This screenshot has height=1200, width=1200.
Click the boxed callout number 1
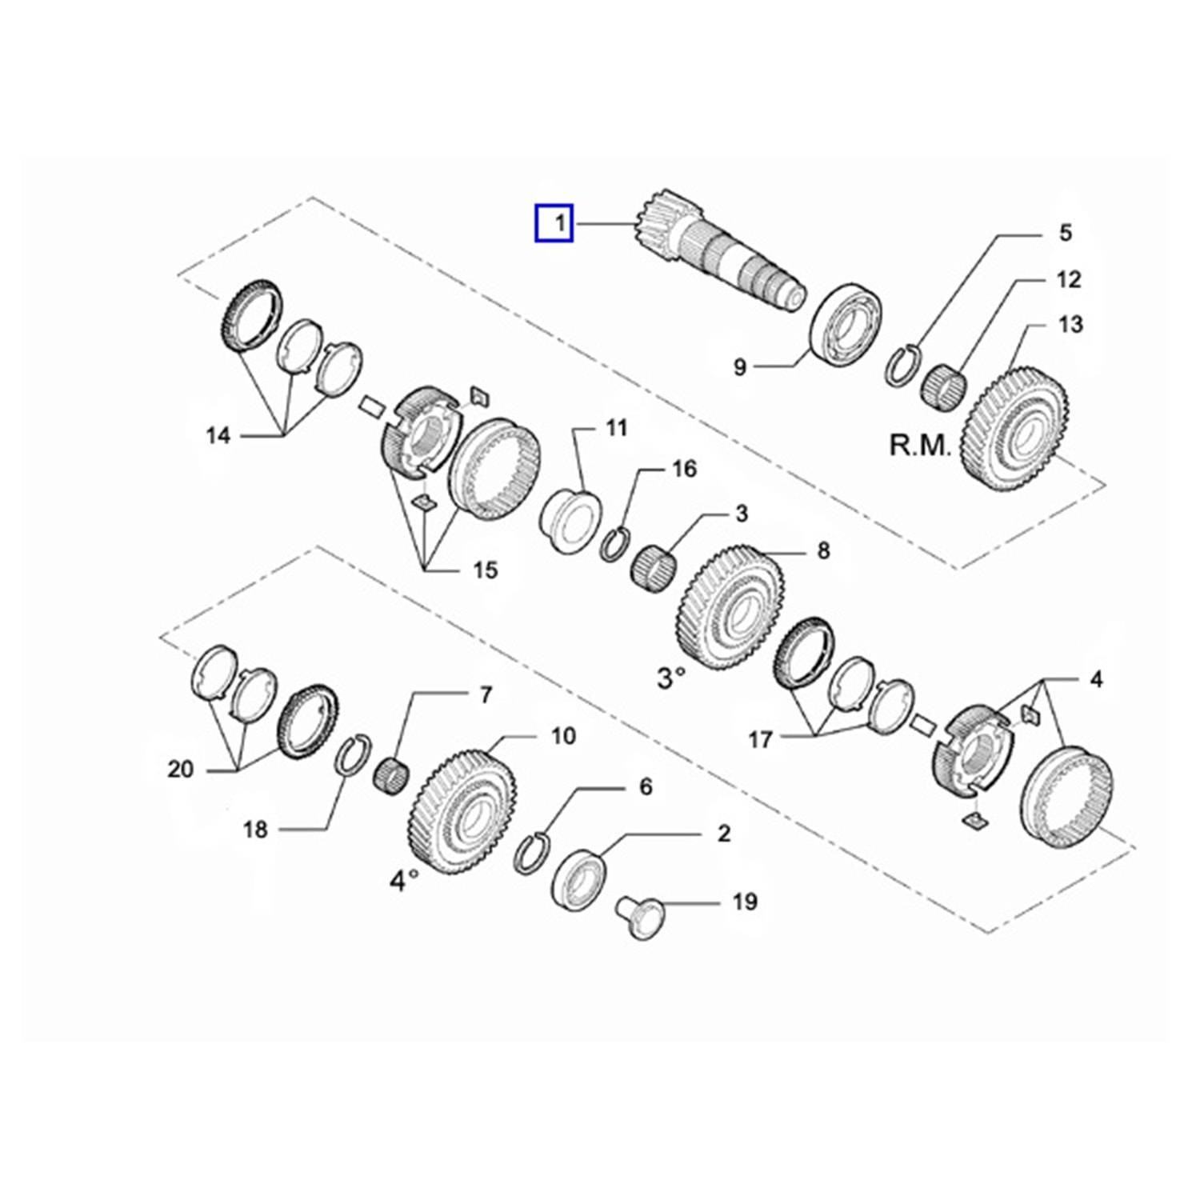554,223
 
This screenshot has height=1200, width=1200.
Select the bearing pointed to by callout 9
846,325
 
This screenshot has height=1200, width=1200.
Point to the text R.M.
920,445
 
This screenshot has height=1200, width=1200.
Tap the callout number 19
745,902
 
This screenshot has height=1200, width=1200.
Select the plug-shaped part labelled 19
642,918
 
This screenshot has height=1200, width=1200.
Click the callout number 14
218,436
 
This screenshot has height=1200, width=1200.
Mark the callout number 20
181,769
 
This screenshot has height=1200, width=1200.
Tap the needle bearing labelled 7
392,775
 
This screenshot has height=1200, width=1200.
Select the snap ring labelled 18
352,755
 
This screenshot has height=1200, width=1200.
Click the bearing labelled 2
579,878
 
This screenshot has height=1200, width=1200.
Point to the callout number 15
486,570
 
